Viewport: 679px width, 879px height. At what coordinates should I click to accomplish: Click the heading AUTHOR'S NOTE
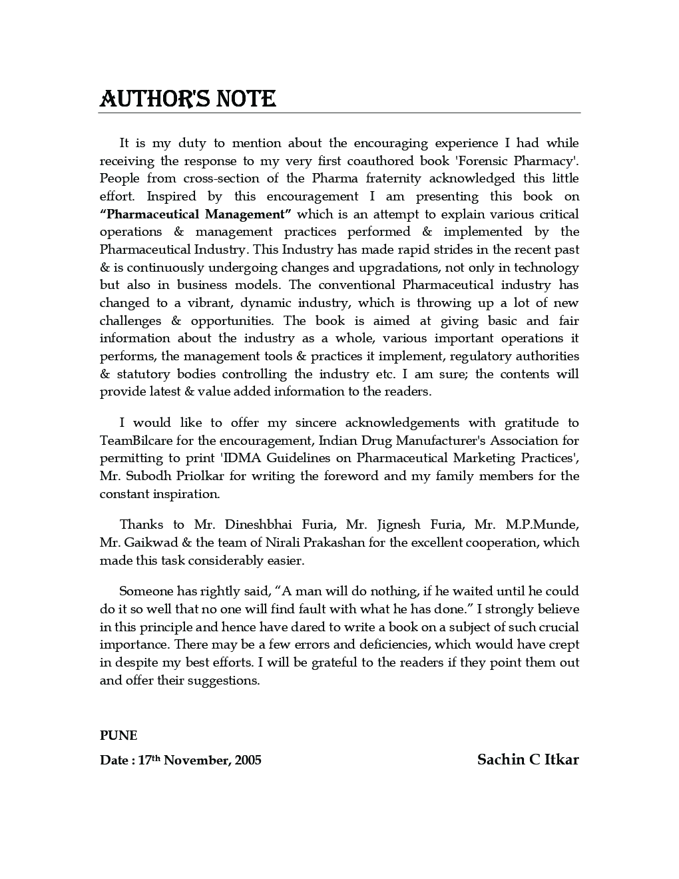coord(187,99)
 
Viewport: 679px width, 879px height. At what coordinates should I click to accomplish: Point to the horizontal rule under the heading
coord(339,113)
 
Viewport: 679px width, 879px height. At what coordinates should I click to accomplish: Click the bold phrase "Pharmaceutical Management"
coord(196,214)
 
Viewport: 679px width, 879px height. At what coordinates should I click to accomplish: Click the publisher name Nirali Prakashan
coord(315,543)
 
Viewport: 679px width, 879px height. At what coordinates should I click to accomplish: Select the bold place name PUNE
coord(118,735)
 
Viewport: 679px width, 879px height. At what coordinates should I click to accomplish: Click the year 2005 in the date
coord(248,760)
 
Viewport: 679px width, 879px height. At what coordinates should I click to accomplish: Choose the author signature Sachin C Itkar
coord(528,759)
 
